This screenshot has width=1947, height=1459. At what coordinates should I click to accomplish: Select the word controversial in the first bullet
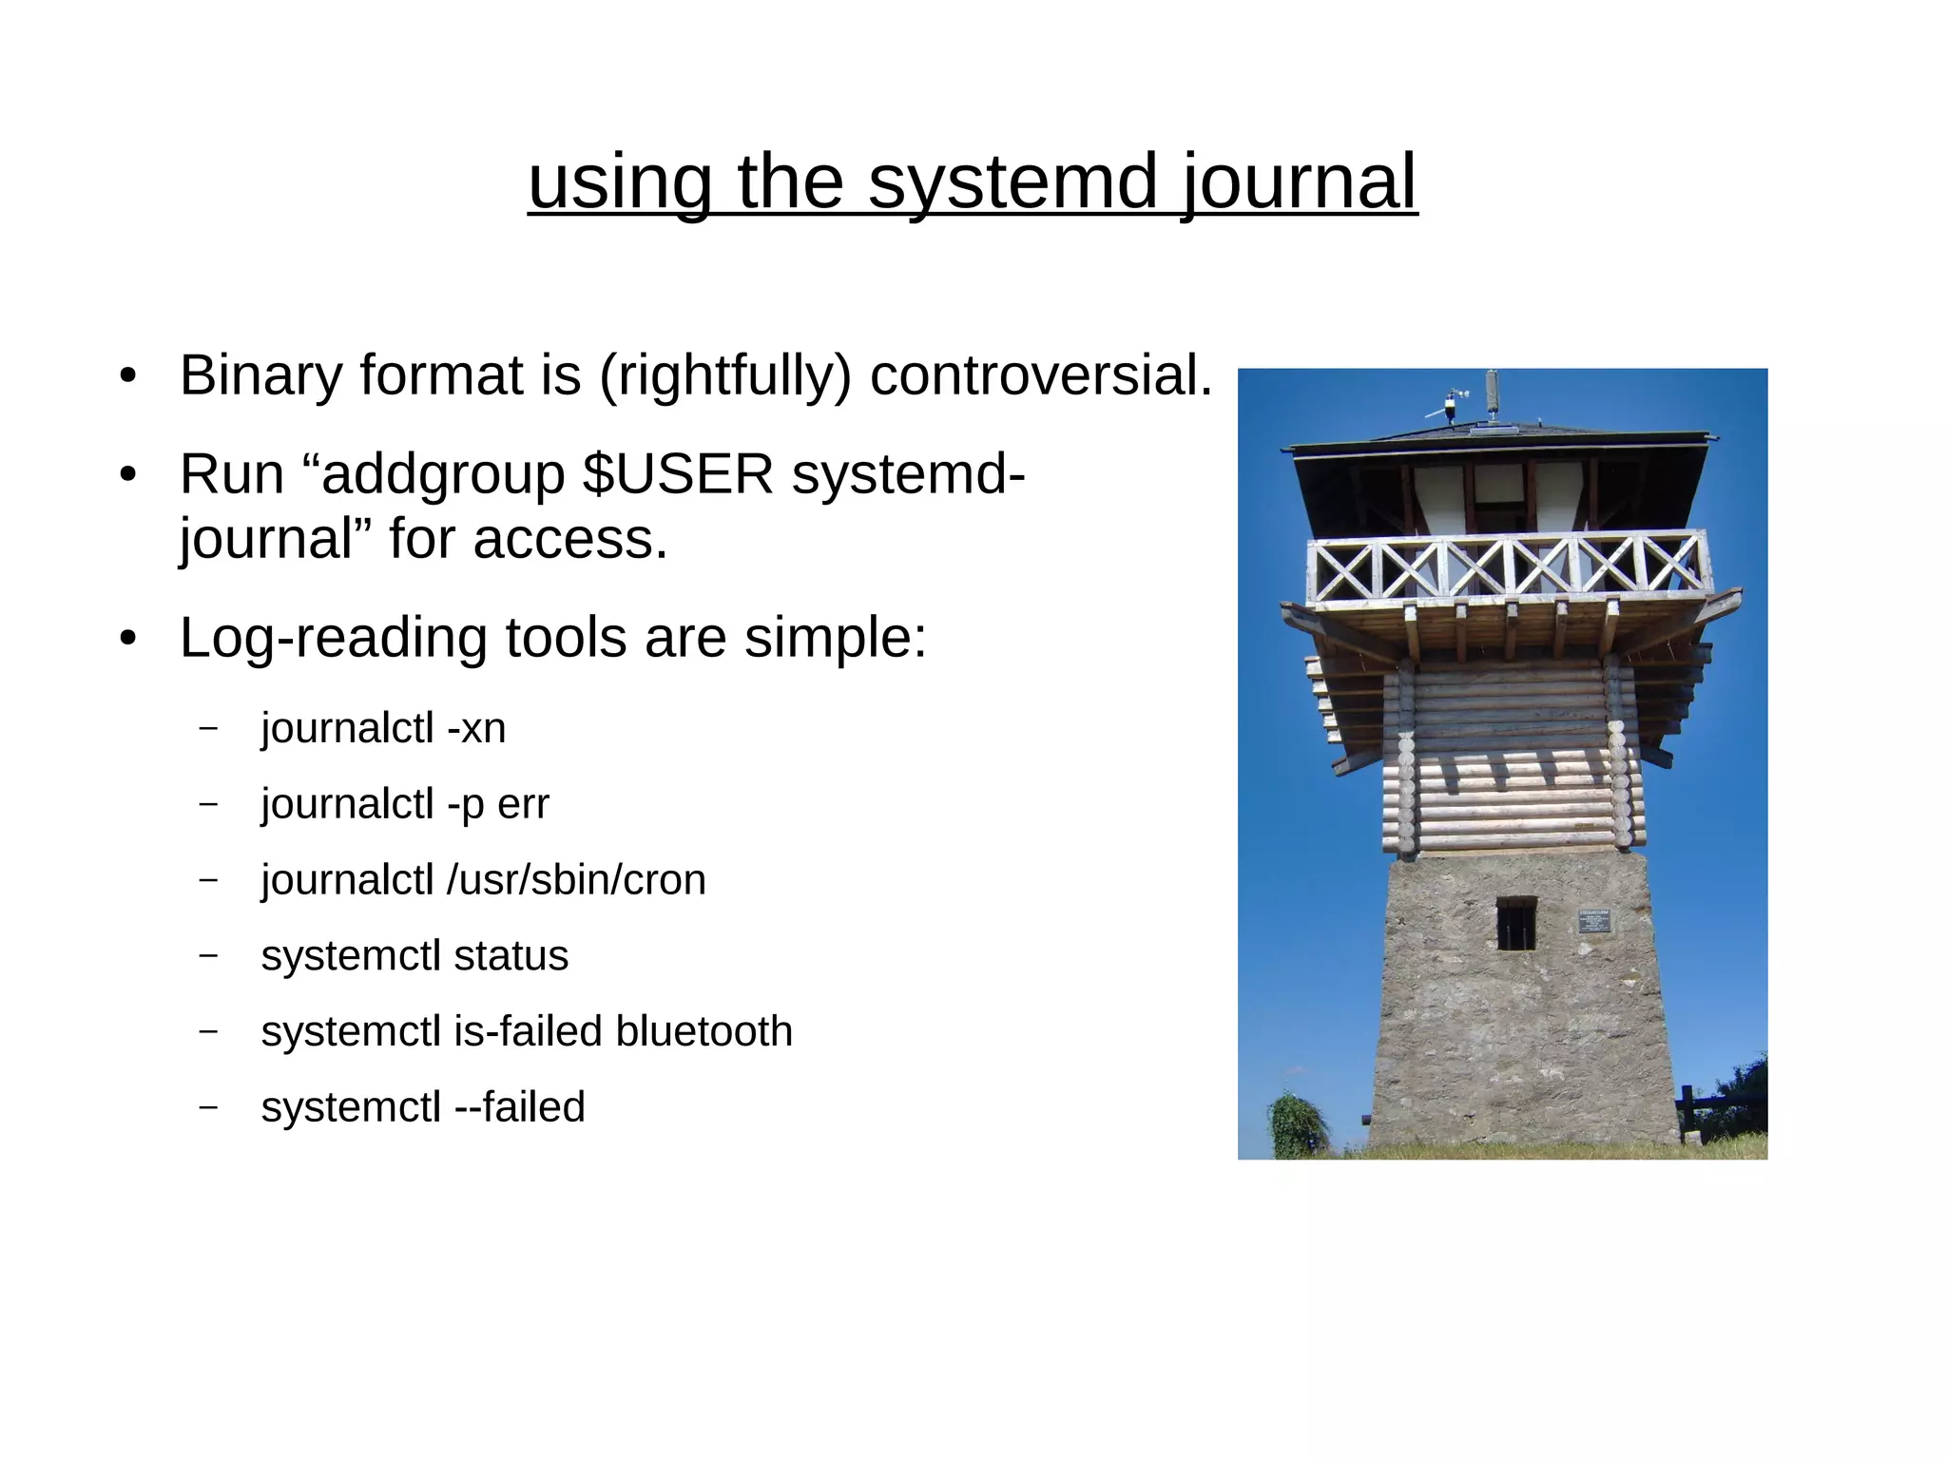point(1041,375)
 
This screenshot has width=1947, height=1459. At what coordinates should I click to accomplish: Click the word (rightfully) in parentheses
point(724,375)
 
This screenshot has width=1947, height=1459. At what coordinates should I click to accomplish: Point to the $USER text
point(678,473)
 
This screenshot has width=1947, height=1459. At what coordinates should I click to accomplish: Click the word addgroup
point(443,473)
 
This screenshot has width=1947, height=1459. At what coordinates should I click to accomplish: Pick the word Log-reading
point(333,637)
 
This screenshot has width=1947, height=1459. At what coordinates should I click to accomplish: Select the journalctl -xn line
point(383,729)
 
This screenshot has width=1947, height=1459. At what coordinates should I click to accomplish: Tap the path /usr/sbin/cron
point(576,880)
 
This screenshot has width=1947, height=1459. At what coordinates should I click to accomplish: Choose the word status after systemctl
point(511,956)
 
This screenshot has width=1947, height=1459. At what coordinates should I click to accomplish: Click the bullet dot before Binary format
point(128,376)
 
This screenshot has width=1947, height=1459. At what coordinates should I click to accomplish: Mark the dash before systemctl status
point(208,955)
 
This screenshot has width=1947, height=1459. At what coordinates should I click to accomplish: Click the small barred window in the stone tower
point(1515,923)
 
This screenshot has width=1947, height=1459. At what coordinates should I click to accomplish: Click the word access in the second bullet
point(570,539)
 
